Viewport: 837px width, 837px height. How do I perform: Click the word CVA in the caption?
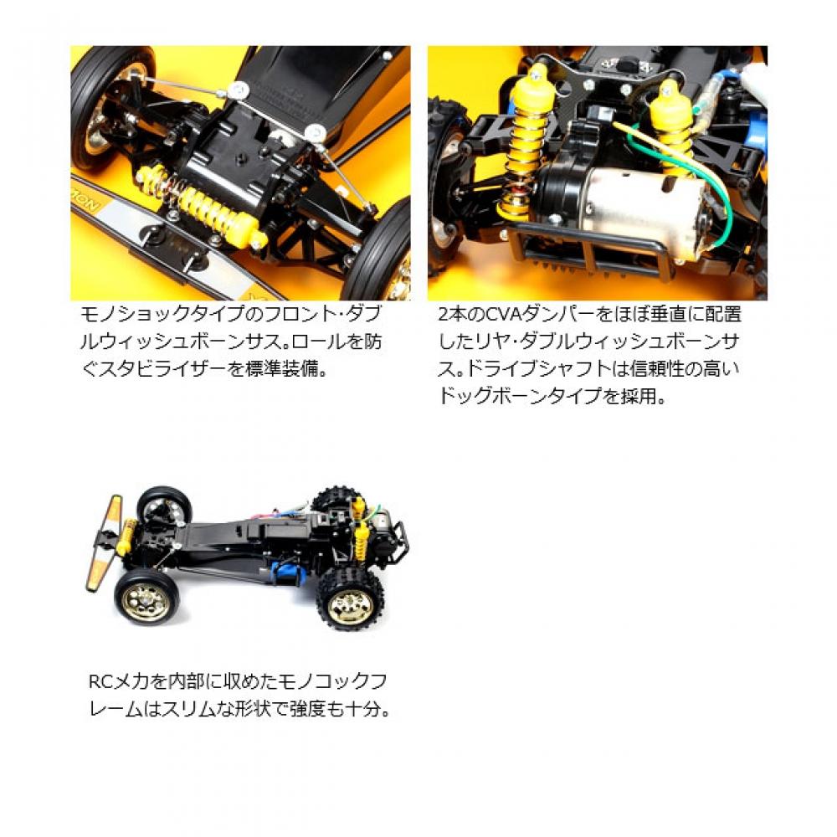pyautogui.click(x=492, y=316)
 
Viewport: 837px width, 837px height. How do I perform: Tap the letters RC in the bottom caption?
pyautogui.click(x=99, y=680)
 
